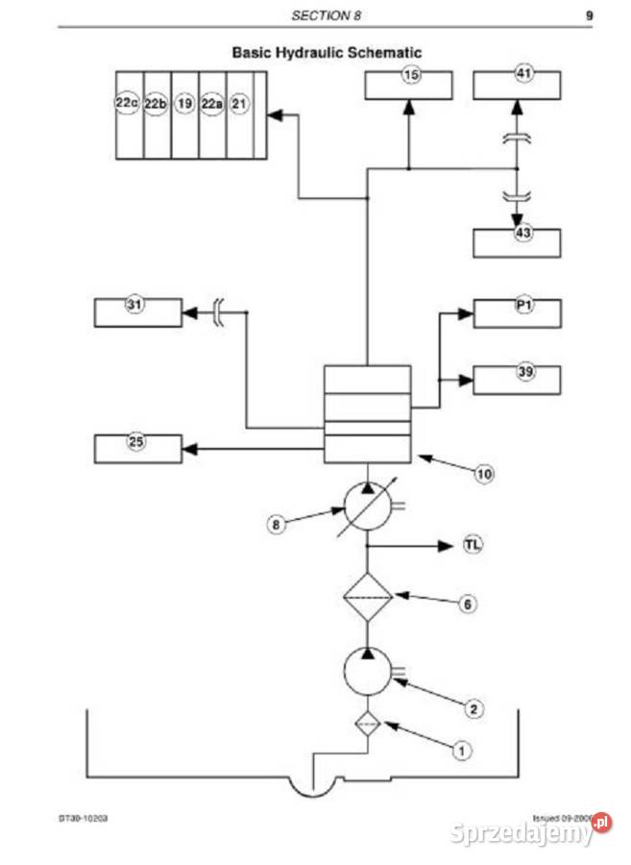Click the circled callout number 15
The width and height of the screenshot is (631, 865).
411,76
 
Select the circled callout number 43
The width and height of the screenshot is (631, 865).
523,234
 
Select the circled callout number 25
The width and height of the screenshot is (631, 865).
135,441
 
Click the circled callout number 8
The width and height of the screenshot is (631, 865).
277,525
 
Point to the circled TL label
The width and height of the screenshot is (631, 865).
473,546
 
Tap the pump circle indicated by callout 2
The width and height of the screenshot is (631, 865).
367,669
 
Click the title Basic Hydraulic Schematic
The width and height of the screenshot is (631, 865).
326,53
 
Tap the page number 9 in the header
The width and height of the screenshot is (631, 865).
588,15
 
